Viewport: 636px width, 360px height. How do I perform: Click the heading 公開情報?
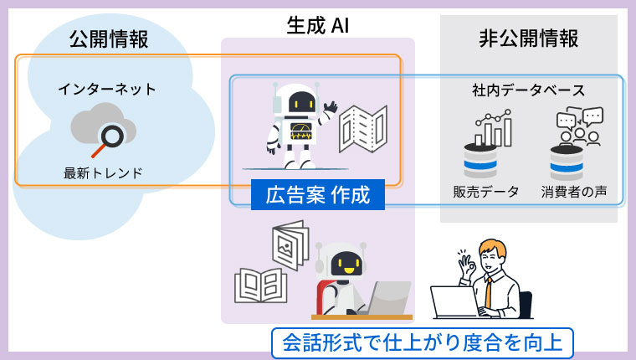tap(109, 39)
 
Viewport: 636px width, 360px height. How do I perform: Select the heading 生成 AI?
tap(317, 24)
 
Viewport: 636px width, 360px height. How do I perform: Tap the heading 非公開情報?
tap(528, 39)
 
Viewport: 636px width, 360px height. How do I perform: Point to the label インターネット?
tap(107, 88)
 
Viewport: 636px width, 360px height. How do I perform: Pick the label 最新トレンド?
tap(103, 173)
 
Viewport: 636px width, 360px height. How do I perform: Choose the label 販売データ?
tap(485, 192)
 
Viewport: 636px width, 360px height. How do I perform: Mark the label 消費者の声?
tap(573, 192)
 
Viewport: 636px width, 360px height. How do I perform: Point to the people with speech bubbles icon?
tap(579, 127)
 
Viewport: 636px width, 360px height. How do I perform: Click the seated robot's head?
tap(343, 262)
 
